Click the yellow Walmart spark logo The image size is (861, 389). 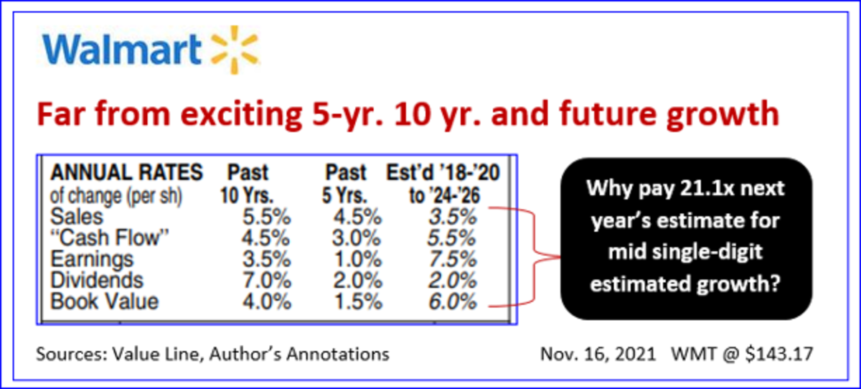click(235, 50)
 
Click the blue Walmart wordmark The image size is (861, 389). click(122, 50)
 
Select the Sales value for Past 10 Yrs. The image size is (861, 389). click(266, 217)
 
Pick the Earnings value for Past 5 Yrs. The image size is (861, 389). click(358, 259)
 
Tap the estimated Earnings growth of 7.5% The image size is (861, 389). click(453, 259)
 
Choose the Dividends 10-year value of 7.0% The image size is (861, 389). click(266, 280)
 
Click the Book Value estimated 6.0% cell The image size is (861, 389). click(453, 301)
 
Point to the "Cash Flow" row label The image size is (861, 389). click(110, 238)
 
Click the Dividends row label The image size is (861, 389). click(97, 280)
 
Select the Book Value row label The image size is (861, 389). click(105, 301)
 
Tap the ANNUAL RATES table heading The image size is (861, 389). click(126, 172)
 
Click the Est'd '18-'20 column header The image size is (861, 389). click(443, 172)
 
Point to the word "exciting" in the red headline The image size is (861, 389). click(241, 115)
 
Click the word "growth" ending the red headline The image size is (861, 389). click(723, 115)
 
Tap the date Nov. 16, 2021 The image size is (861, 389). click(598, 354)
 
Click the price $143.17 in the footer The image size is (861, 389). click(779, 354)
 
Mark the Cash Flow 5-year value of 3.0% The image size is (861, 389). click(357, 238)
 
